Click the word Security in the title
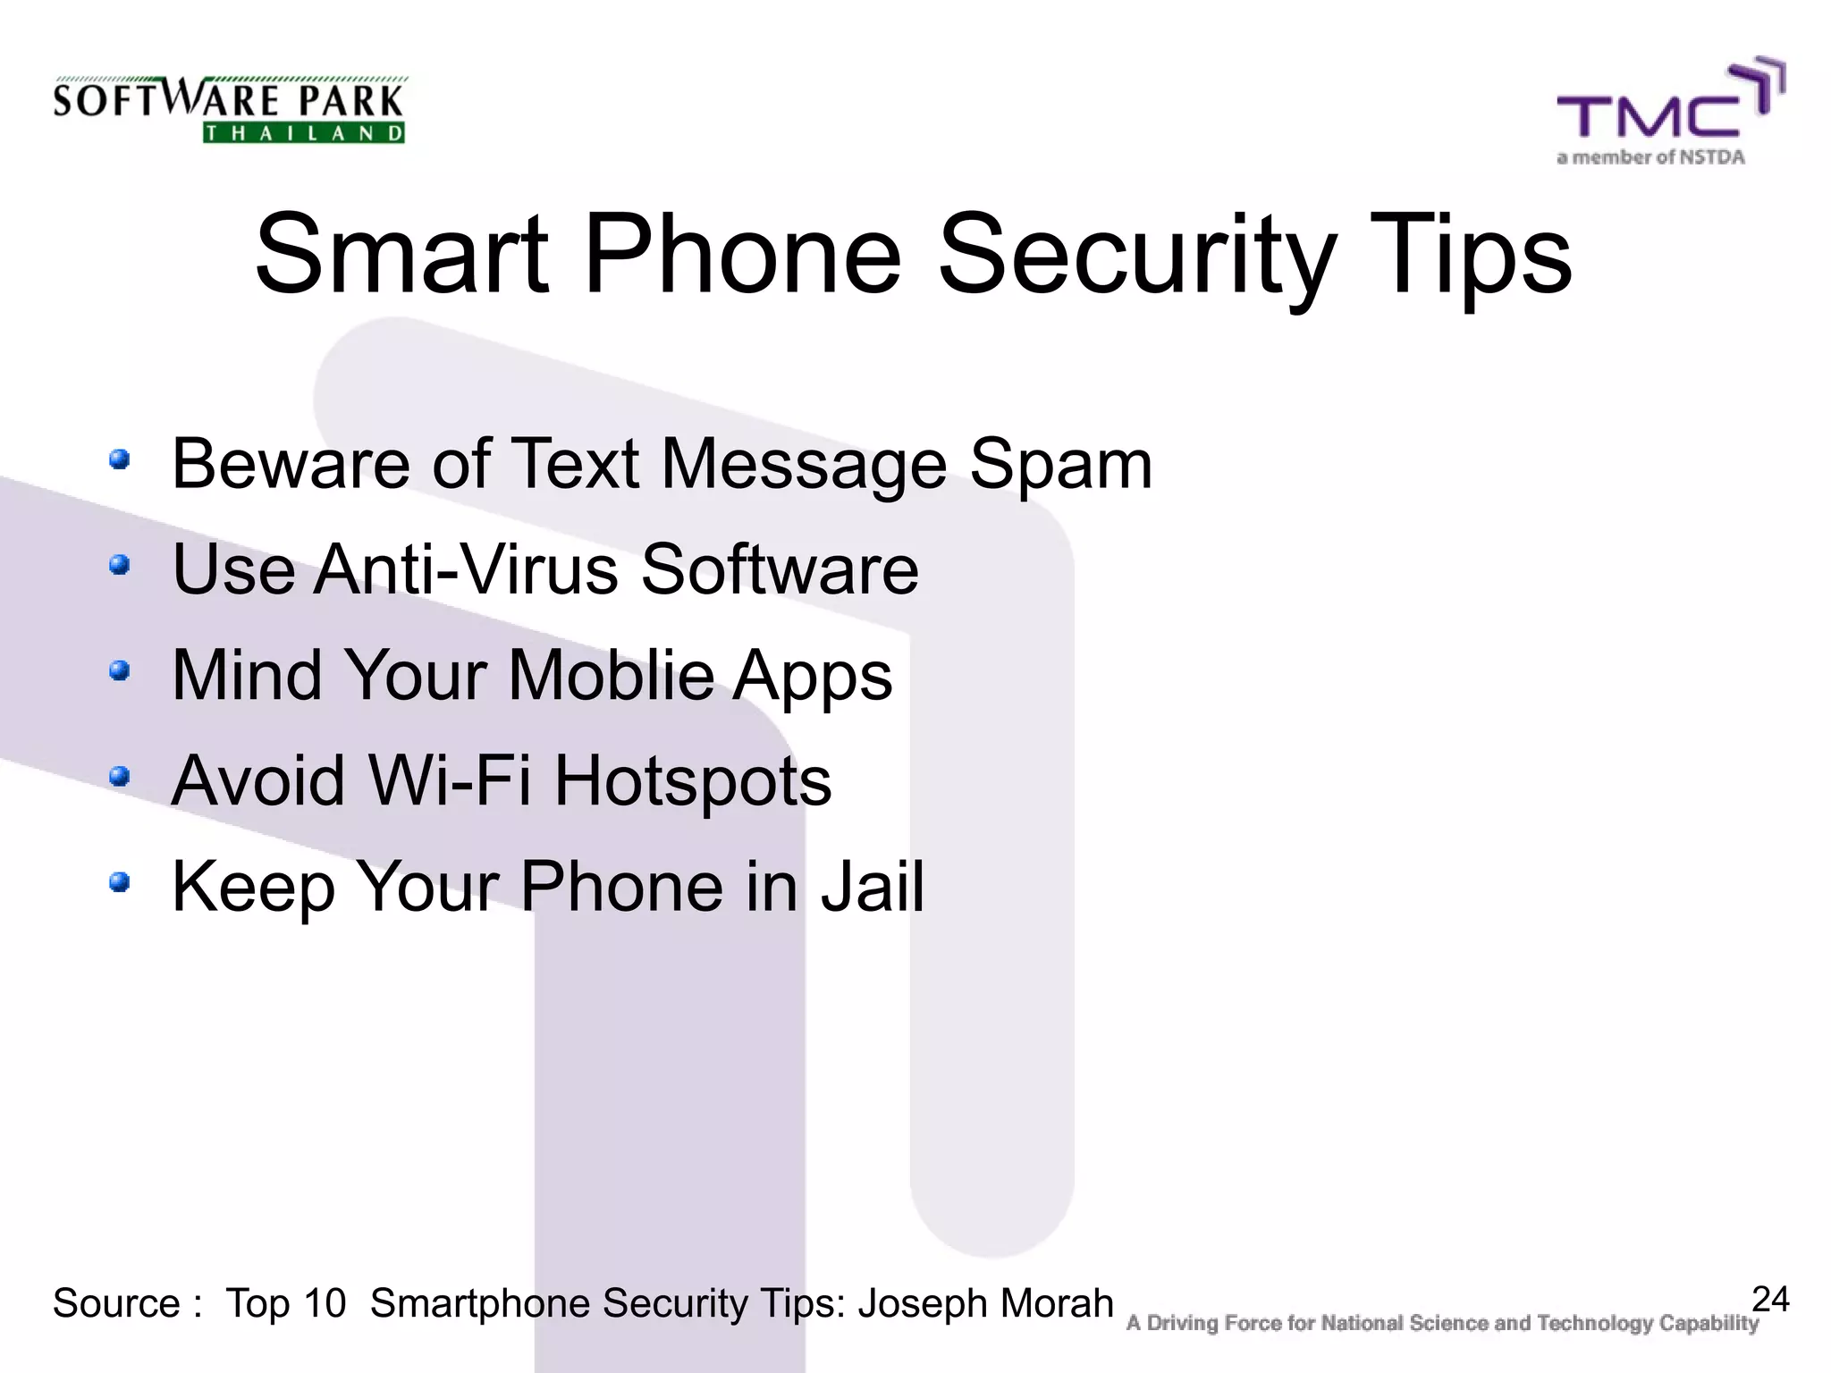click(x=1136, y=255)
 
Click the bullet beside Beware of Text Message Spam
click(x=120, y=460)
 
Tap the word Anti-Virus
click(x=466, y=569)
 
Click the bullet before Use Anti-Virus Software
click(x=120, y=565)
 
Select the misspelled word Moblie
click(x=612, y=675)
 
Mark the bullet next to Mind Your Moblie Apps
click(x=120, y=670)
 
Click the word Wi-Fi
click(x=450, y=780)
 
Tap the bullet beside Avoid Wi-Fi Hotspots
click(x=120, y=776)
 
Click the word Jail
click(x=873, y=886)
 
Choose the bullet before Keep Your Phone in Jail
click(x=120, y=883)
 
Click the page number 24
click(x=1770, y=1299)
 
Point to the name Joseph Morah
click(x=985, y=1303)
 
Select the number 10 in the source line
click(x=325, y=1303)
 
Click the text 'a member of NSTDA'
click(x=1650, y=158)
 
